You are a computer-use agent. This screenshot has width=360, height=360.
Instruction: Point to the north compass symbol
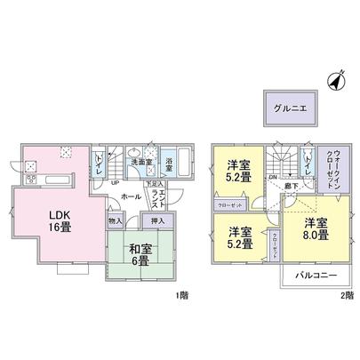tap(335, 81)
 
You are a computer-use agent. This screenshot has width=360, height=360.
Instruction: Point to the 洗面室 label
tap(140, 162)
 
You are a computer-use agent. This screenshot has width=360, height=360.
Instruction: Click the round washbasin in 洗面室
tap(137, 150)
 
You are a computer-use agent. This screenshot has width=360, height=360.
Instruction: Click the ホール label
tap(131, 196)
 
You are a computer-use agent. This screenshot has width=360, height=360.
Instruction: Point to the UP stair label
tap(116, 183)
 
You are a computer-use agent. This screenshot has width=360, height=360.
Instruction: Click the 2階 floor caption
tap(348, 294)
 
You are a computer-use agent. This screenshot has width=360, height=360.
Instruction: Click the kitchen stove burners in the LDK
tap(28, 164)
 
